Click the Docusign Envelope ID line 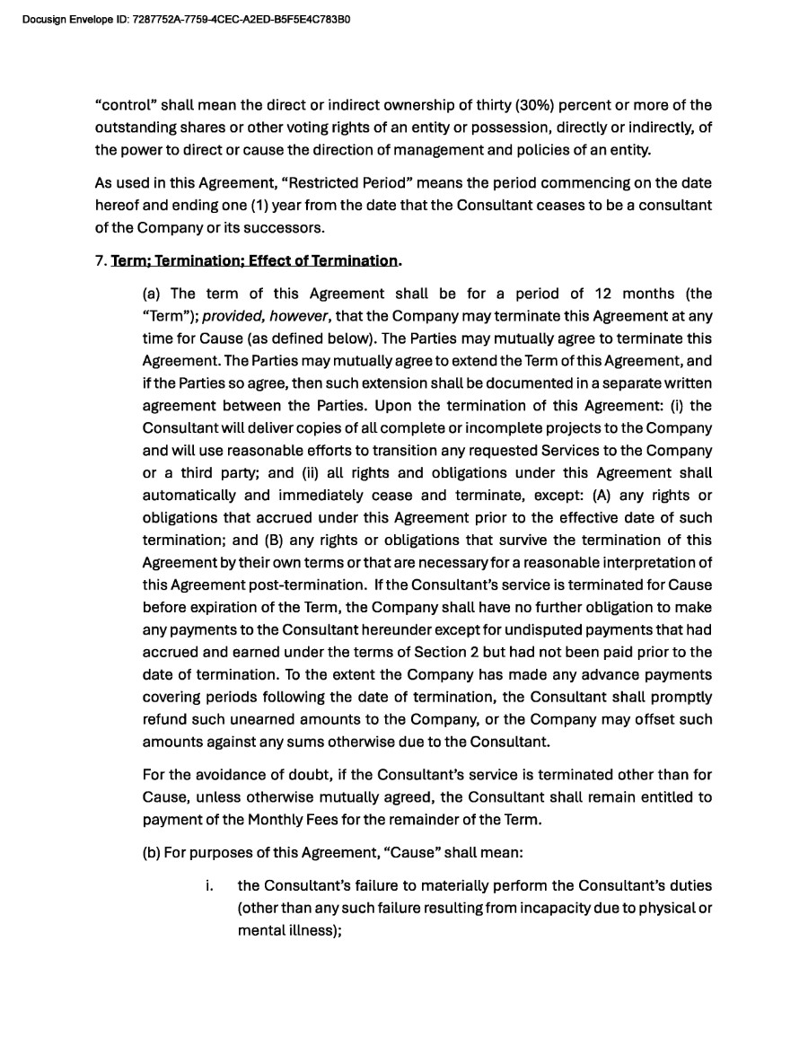pos(185,19)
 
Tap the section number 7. pos(99,260)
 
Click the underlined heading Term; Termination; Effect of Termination pos(253,260)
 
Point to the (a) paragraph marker pos(153,294)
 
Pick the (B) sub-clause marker pos(272,540)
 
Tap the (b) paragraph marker pos(153,853)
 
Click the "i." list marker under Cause pos(209,886)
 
